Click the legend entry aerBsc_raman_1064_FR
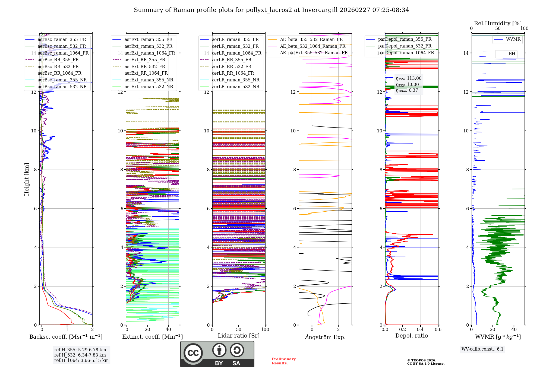(63, 53)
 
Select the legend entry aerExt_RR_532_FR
(145, 66)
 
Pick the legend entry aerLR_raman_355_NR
(236, 80)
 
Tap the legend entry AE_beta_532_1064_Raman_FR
(312, 46)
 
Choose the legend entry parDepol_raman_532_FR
(405, 46)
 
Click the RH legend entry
(512, 54)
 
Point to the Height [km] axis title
(27, 179)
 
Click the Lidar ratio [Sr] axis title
(239, 336)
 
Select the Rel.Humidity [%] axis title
(498, 23)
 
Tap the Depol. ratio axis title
(411, 336)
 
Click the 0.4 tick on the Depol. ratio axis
(420, 329)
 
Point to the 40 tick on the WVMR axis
(514, 329)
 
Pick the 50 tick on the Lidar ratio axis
(239, 329)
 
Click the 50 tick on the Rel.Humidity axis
(498, 28)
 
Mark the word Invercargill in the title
(320, 10)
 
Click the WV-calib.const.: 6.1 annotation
(482, 349)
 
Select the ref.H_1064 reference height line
(81, 360)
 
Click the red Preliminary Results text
(283, 361)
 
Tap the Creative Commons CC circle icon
(193, 353)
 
